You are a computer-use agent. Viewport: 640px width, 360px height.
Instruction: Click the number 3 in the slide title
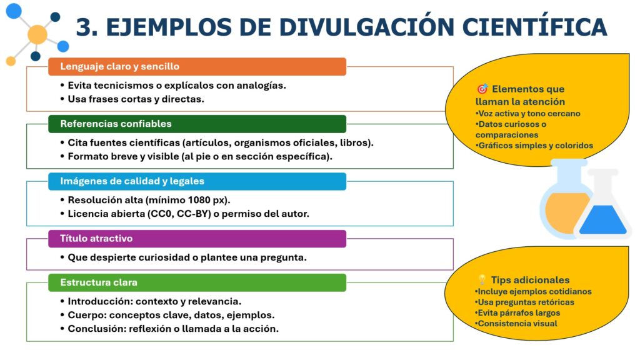pyautogui.click(x=84, y=27)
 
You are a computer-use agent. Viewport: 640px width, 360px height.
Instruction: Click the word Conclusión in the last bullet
pyautogui.click(x=94, y=328)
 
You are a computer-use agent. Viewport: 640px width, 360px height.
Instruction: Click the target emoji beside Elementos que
pyautogui.click(x=482, y=89)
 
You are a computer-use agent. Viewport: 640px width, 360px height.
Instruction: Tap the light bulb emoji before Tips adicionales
pyautogui.click(x=482, y=280)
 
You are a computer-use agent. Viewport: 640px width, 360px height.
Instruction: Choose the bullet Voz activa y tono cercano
pyautogui.click(x=528, y=114)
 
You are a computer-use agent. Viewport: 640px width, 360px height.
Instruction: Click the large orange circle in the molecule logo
pyautogui.click(x=37, y=34)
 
